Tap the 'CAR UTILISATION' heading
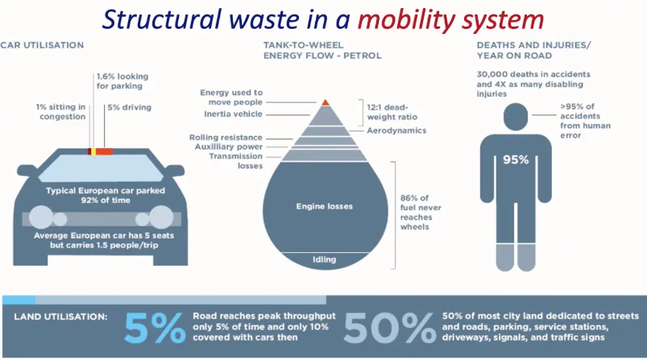(42, 45)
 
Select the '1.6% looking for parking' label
(122, 81)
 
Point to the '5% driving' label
(129, 107)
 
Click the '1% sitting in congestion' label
(60, 112)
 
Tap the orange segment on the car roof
(105, 151)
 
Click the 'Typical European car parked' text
(106, 191)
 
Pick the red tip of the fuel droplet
(326, 102)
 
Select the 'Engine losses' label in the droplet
(325, 206)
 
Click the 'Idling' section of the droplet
(325, 260)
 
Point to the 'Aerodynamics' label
(396, 130)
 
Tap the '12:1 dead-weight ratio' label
(392, 112)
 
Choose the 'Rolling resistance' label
(226, 138)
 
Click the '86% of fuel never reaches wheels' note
(421, 213)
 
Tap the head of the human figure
(516, 117)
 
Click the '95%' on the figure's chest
(516, 160)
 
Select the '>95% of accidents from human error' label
(585, 121)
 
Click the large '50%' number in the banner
(389, 328)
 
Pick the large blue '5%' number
(155, 328)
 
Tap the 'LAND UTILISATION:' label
(60, 317)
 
